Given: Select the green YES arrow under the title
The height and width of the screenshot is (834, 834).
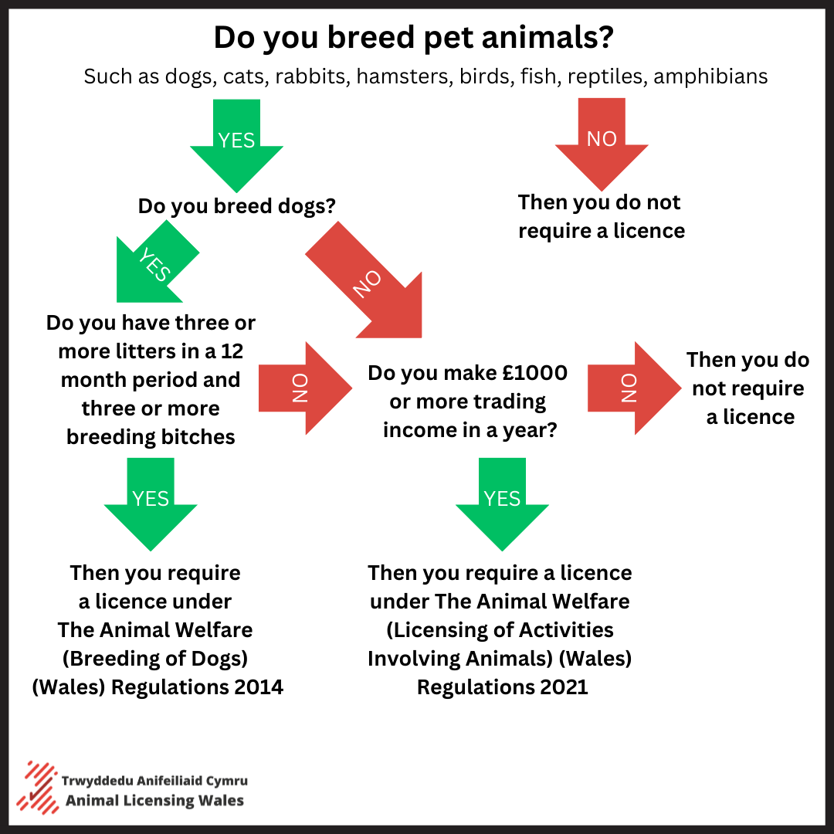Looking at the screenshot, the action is [237, 146].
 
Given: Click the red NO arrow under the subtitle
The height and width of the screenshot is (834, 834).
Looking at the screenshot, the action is [602, 144].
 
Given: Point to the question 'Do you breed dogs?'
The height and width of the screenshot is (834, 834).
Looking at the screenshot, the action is [237, 206].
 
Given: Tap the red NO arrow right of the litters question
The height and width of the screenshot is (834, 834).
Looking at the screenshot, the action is [305, 388].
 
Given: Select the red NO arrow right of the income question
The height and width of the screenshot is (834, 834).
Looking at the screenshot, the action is [635, 388].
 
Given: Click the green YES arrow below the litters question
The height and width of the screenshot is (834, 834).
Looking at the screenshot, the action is [151, 504].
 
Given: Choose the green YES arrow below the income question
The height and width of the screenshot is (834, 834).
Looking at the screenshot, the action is [502, 504].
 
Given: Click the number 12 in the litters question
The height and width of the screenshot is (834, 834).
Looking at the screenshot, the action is [232, 351].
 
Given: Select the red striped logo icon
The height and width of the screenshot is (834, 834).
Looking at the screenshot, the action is [37, 788].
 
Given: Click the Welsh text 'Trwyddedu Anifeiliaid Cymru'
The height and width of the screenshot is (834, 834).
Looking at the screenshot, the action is [154, 781].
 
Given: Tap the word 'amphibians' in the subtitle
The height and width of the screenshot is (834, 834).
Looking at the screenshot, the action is [710, 76].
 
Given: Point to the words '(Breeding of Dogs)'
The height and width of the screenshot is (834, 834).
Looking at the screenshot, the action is [155, 659].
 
